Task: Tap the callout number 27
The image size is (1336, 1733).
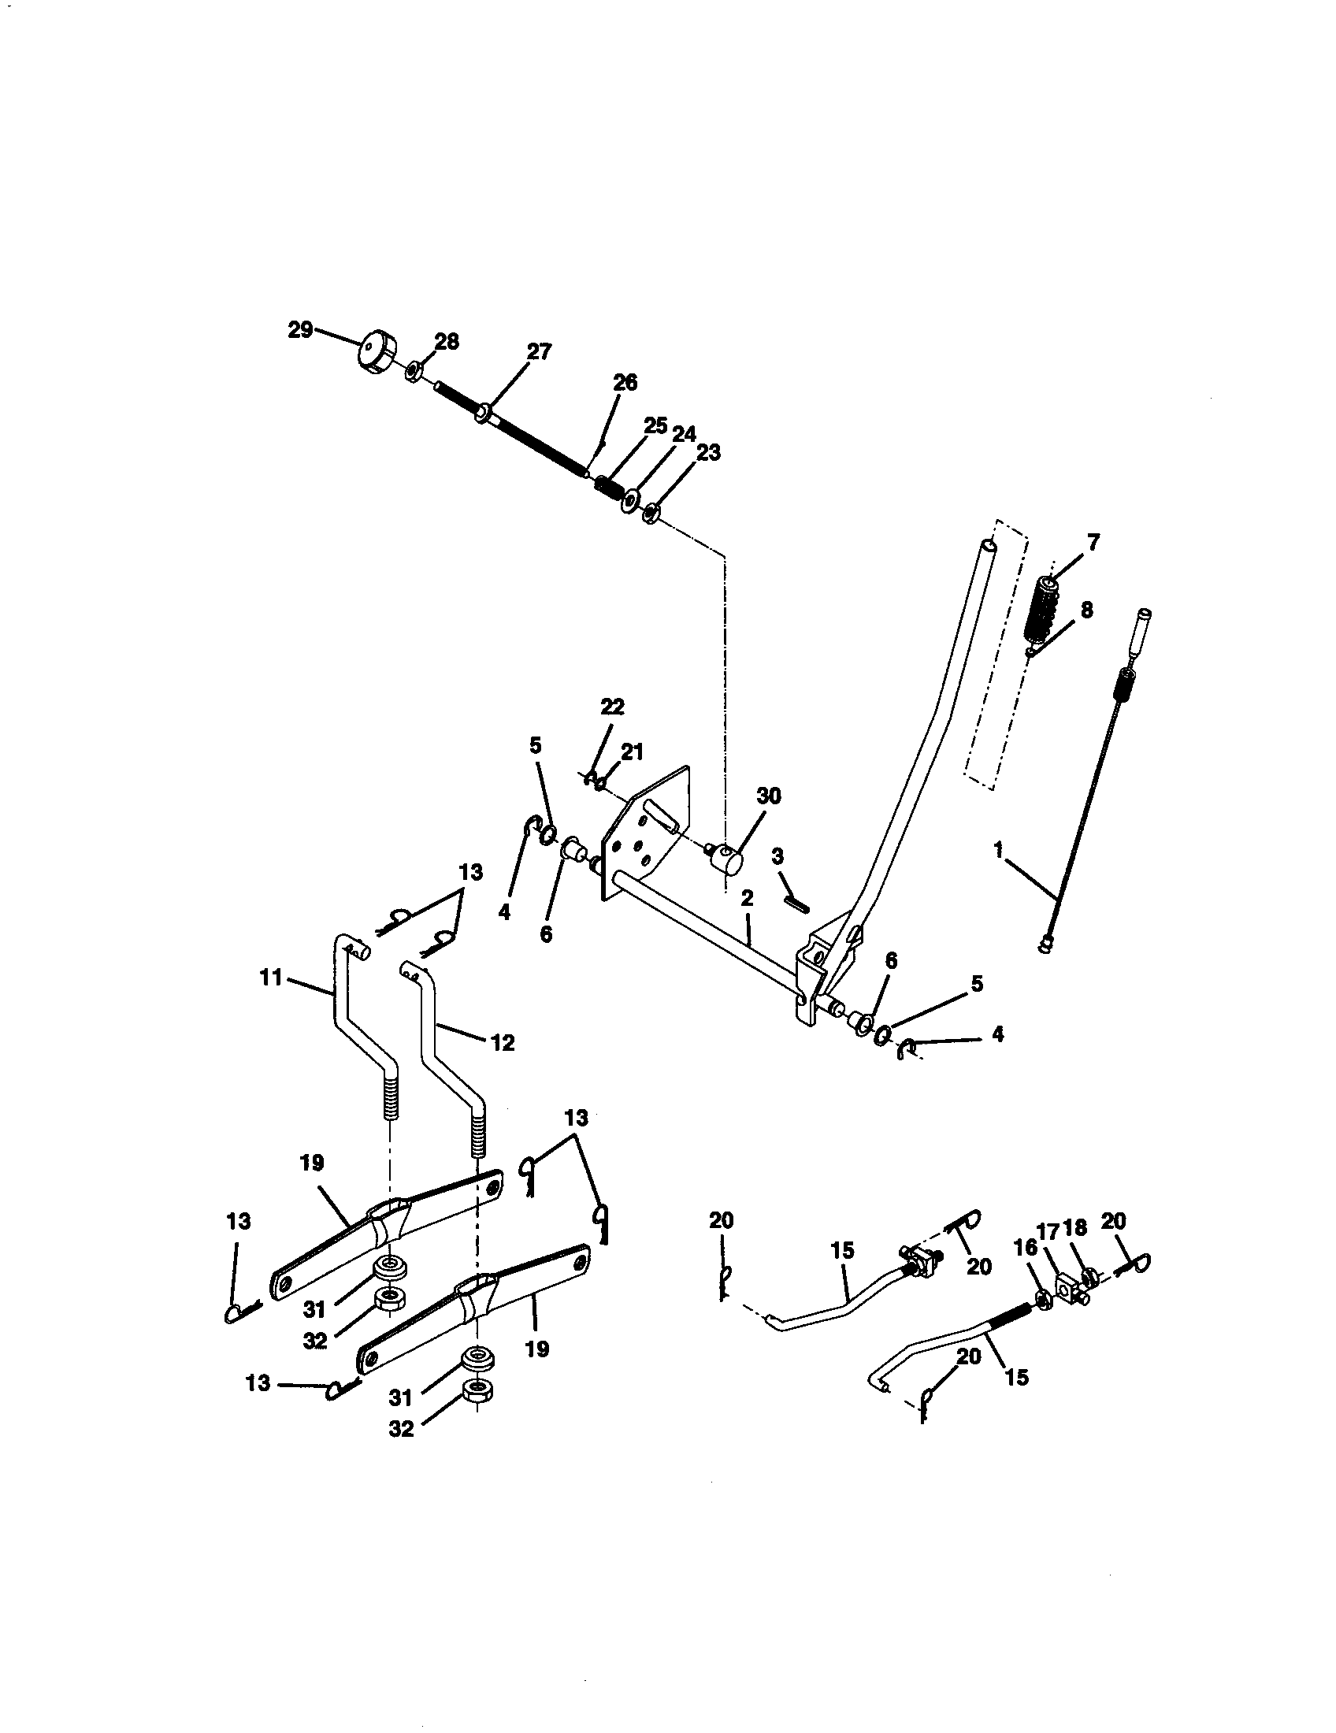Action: [x=539, y=352]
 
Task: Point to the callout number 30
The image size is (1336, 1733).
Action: [x=769, y=795]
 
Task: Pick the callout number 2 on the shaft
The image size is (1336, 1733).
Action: [x=747, y=899]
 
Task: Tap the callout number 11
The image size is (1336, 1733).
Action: [x=270, y=978]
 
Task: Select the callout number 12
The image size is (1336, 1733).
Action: [x=503, y=1042]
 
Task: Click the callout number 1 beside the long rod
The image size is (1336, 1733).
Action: [x=999, y=851]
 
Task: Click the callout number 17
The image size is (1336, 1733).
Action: [x=1048, y=1230]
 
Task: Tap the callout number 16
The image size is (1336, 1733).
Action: [x=1025, y=1248]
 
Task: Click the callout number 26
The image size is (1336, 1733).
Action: [x=625, y=383]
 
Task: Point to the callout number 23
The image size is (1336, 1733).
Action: [x=708, y=452]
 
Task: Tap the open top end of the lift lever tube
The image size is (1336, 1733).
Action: [x=986, y=546]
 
